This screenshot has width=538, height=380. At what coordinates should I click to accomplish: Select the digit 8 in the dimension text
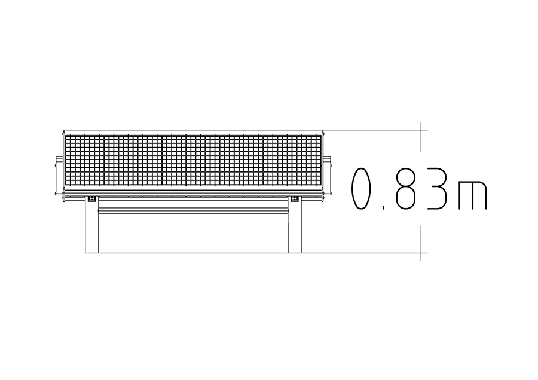tap(406, 189)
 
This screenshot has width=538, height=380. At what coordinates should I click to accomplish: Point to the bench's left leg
tap(91, 225)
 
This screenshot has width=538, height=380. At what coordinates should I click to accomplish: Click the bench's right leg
tap(294, 225)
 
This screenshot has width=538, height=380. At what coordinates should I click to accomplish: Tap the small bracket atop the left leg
tap(91, 199)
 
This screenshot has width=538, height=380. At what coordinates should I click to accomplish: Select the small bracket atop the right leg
tap(294, 199)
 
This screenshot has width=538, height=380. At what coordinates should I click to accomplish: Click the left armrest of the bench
tap(59, 176)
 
